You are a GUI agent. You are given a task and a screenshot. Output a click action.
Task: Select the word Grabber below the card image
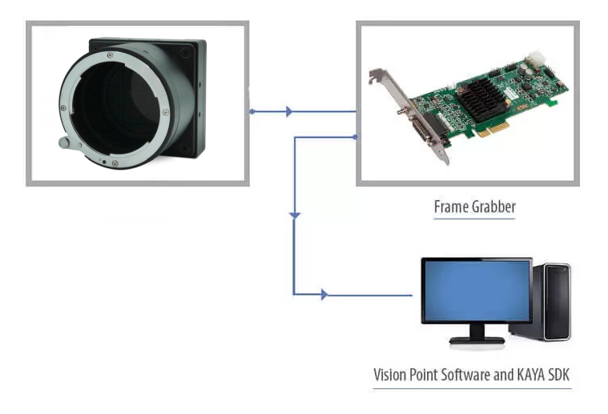pos(493,207)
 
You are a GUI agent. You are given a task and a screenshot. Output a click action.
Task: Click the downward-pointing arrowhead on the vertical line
pos(295,215)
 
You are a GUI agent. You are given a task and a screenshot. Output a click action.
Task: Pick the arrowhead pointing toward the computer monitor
pos(324,295)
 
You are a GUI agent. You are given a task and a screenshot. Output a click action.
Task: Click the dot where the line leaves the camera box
pos(252,111)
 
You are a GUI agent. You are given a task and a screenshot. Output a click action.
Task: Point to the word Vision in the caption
pos(391,375)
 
